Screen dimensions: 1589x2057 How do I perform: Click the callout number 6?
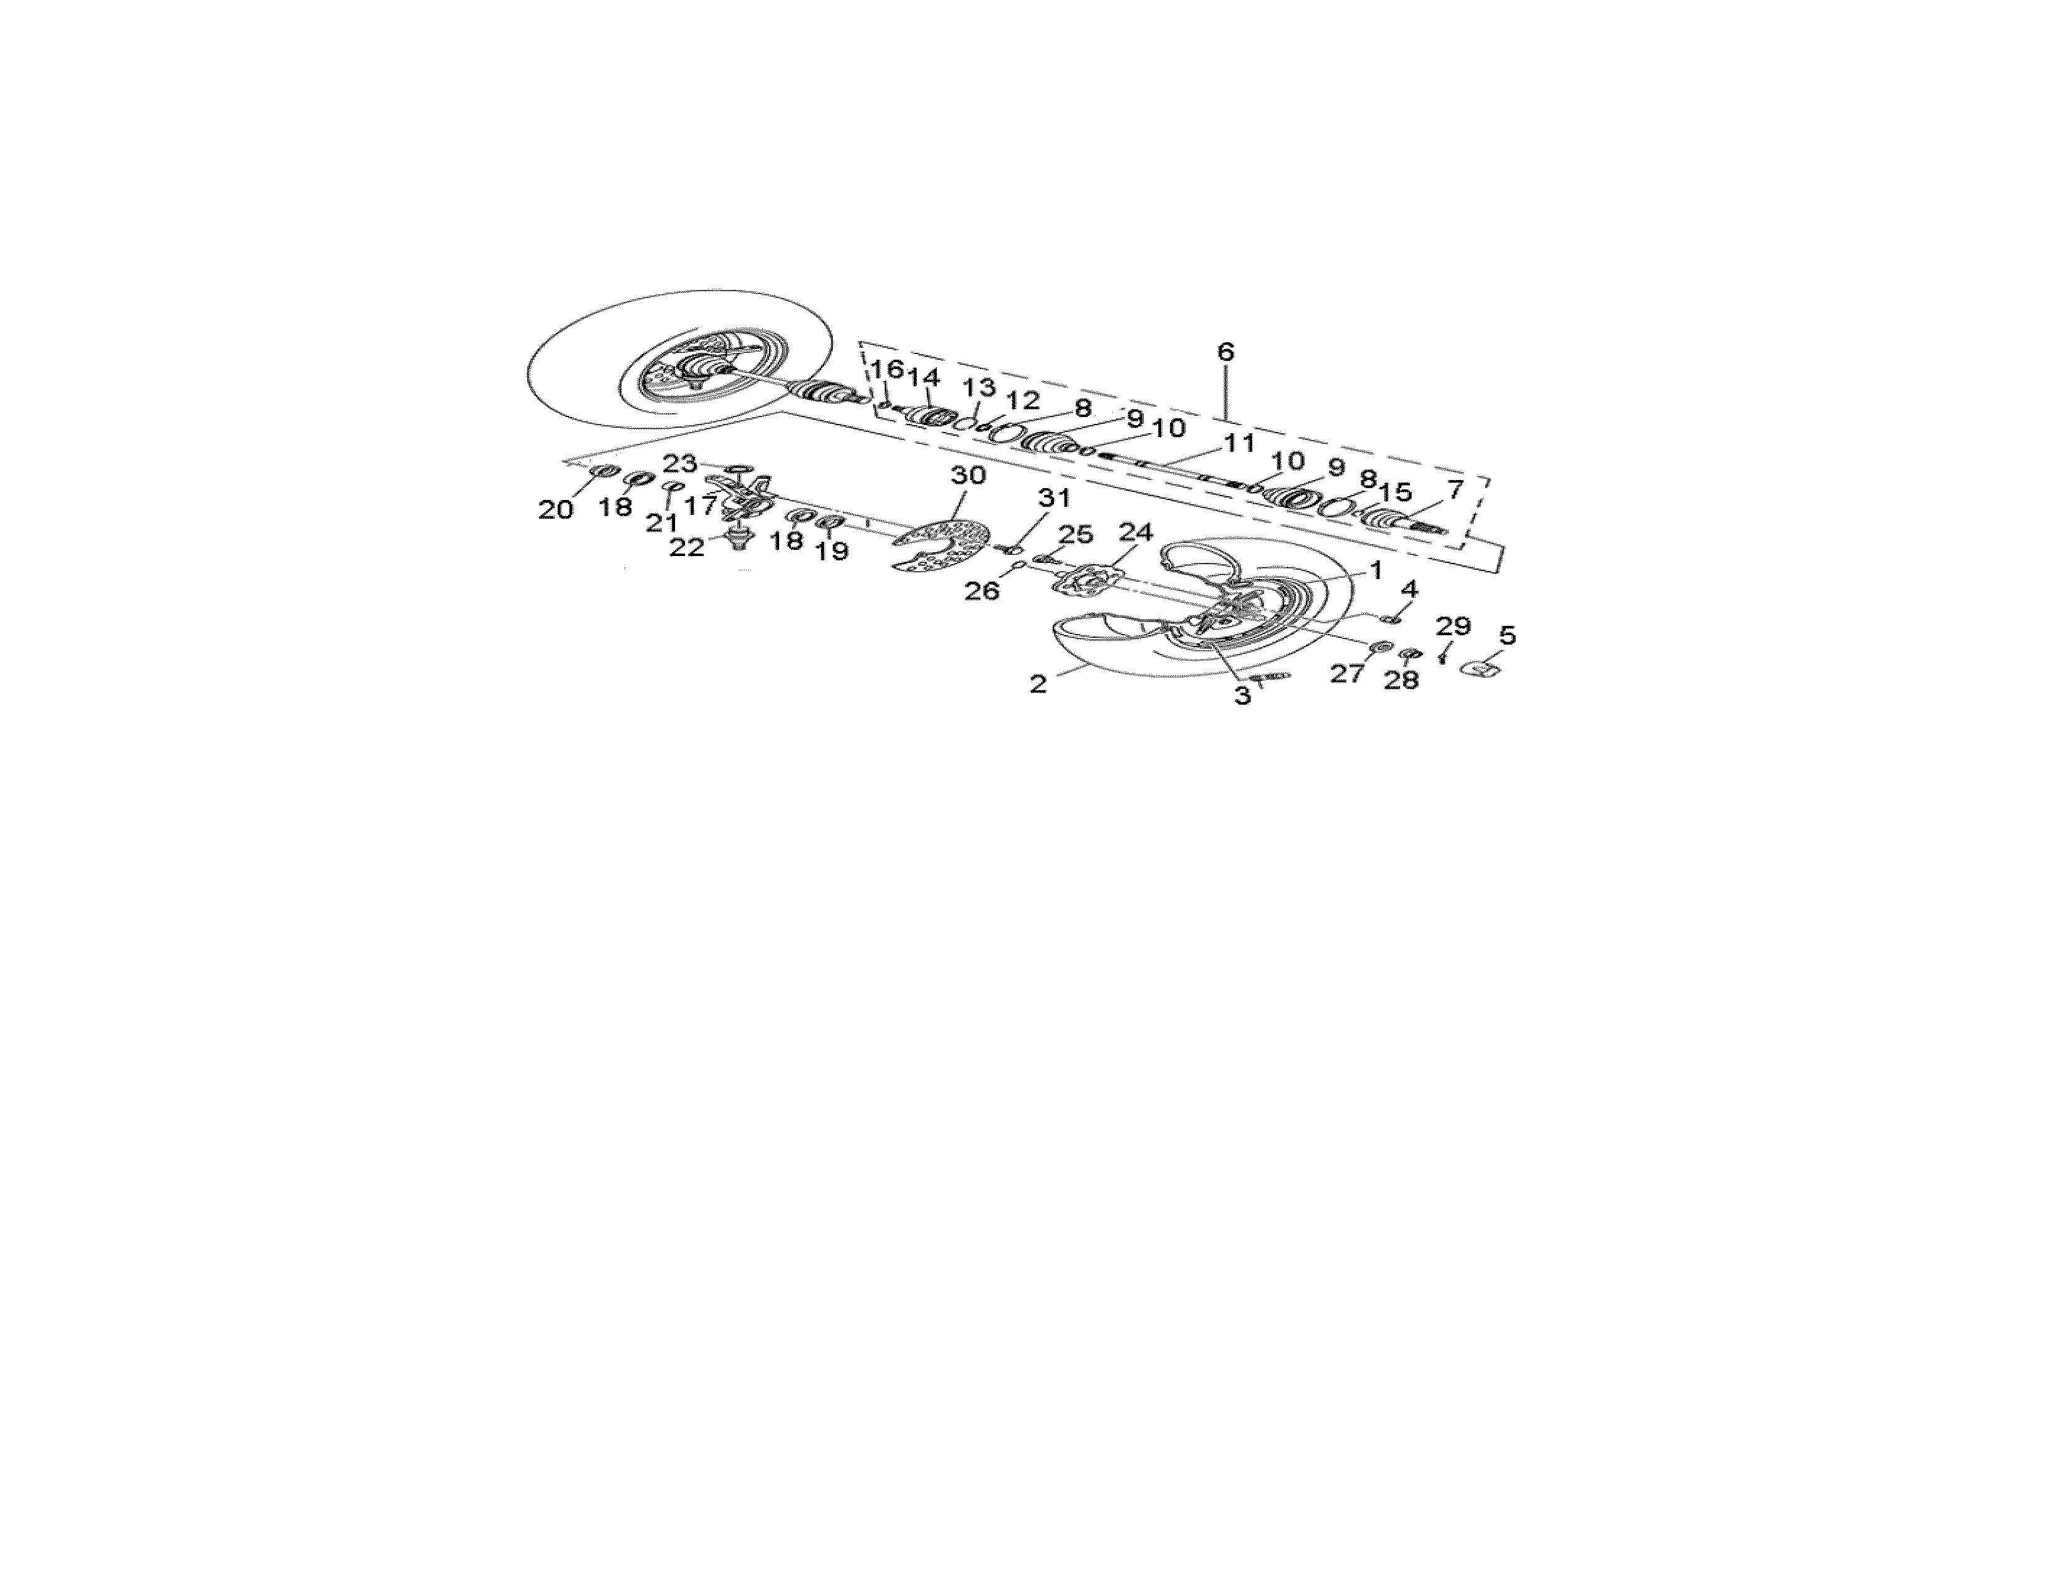click(1224, 352)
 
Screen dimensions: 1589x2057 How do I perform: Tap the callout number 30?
click(967, 475)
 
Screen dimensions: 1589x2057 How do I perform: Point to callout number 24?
click(1135, 532)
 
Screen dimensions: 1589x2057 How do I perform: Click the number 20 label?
click(555, 509)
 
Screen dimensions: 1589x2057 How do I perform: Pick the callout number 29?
click(1453, 626)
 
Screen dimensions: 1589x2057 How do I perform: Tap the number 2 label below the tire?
click(1038, 684)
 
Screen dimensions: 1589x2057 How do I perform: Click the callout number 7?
click(1455, 490)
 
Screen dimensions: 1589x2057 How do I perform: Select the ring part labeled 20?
click(604, 470)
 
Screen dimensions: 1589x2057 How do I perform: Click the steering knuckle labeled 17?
click(744, 496)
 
